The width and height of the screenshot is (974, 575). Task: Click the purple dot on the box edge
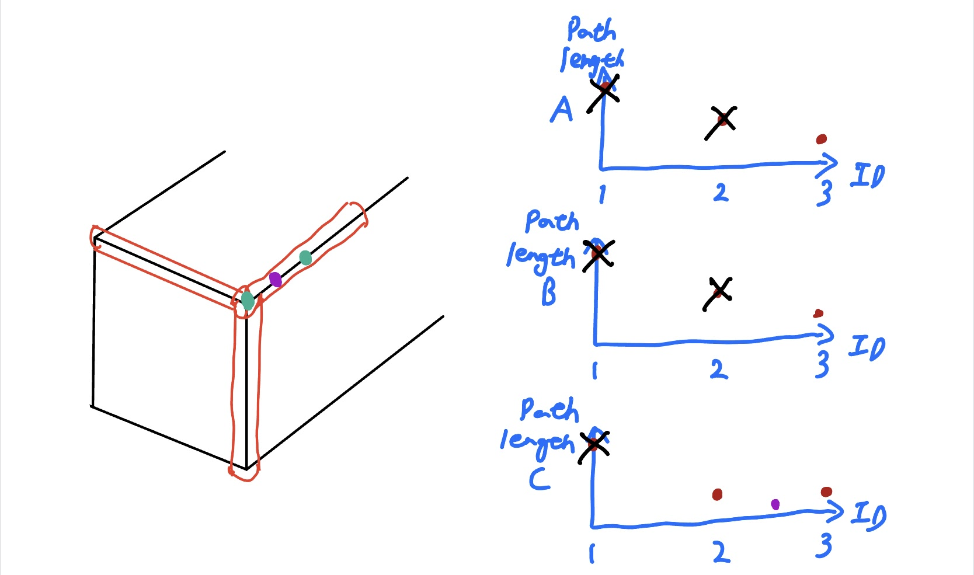tap(276, 280)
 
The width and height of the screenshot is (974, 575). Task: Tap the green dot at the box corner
tap(248, 301)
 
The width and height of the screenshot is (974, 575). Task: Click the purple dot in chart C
tap(775, 504)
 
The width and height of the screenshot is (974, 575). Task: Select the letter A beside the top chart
tap(562, 109)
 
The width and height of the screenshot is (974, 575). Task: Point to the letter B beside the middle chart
tap(548, 292)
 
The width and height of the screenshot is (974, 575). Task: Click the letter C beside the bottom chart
tap(540, 479)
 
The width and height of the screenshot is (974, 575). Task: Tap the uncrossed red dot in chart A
tap(822, 139)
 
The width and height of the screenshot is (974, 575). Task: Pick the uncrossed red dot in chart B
tap(818, 313)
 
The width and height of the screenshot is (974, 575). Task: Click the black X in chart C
tap(594, 446)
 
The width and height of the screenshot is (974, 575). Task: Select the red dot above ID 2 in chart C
tap(717, 494)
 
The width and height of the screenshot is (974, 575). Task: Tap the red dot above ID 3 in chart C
tap(826, 492)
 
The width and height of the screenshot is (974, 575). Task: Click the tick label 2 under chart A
tap(721, 192)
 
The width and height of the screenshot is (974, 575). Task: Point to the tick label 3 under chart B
tap(822, 364)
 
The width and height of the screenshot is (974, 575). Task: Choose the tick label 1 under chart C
tap(592, 553)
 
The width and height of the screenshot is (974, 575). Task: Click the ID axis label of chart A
tap(868, 176)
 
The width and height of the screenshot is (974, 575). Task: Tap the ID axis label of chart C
tap(868, 515)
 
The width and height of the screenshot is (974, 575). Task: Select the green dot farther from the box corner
tap(305, 257)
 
